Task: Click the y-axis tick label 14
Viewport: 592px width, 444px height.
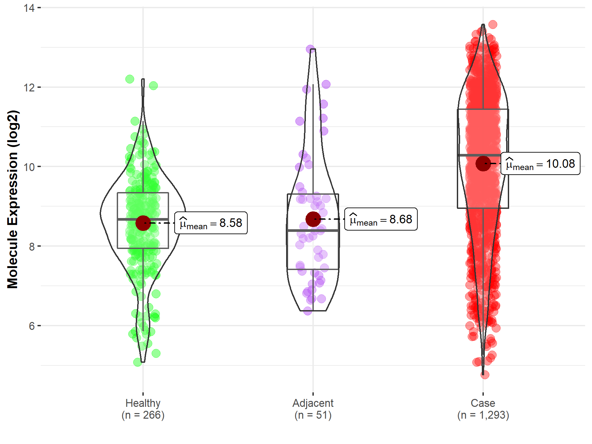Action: tap(29, 8)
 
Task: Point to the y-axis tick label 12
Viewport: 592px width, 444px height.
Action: tap(29, 87)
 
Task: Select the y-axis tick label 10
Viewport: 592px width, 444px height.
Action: tap(29, 167)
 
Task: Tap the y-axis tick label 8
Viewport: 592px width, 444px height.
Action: tap(32, 246)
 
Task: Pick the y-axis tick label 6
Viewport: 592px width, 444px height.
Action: tap(32, 326)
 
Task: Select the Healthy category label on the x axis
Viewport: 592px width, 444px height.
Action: tap(143, 403)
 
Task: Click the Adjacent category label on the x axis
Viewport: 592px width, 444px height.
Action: tap(313, 403)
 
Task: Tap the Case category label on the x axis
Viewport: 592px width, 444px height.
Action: tap(483, 403)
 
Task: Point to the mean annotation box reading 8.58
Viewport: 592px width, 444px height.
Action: tap(211, 223)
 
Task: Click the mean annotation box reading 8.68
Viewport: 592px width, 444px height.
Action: tap(381, 219)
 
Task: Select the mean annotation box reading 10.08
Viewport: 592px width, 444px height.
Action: tap(540, 163)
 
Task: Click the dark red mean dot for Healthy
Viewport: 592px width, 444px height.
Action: tap(143, 223)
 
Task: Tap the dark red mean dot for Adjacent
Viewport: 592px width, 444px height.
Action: tap(313, 219)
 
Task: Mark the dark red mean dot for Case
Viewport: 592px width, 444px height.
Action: tap(483, 163)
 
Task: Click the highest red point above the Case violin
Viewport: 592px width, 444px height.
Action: tap(493, 24)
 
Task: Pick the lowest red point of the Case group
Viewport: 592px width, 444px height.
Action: tap(485, 375)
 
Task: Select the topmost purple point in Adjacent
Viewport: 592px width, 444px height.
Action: tap(310, 49)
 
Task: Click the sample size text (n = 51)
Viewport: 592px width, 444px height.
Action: tap(313, 415)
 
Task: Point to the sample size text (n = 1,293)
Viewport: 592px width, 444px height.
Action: tap(483, 415)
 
